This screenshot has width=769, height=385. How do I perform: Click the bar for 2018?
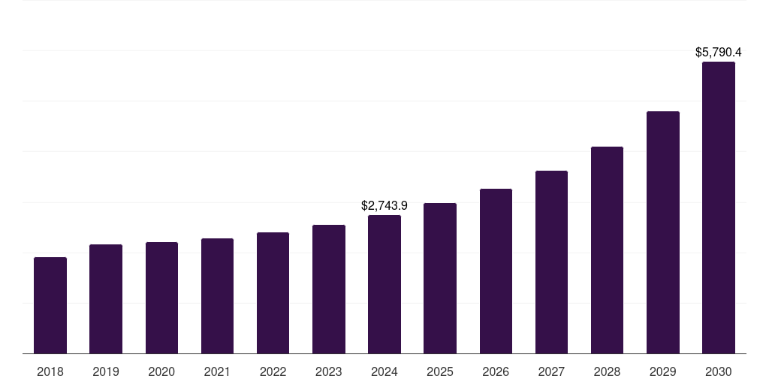tap(50, 305)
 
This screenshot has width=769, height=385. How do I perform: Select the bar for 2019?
tap(106, 299)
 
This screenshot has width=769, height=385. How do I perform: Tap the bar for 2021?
tap(217, 296)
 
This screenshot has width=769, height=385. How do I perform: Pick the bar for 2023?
tap(329, 290)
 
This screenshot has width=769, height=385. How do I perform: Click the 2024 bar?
tap(384, 284)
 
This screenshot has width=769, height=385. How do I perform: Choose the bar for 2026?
tap(496, 271)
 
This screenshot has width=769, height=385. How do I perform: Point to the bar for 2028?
tap(607, 250)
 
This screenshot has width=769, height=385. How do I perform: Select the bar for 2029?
tap(663, 232)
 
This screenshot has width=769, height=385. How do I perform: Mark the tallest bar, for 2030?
tap(719, 208)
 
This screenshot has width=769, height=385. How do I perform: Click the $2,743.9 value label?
tap(384, 205)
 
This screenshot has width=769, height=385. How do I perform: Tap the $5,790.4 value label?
tap(718, 53)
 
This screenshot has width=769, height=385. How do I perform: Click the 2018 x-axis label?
tap(50, 371)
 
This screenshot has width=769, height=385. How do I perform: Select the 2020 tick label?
tap(161, 371)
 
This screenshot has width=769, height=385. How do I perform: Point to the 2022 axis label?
tap(273, 371)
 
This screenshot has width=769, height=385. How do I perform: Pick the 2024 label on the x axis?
tap(384, 371)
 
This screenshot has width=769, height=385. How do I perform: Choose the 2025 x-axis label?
tap(440, 371)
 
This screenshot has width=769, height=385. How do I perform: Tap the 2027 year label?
tap(551, 371)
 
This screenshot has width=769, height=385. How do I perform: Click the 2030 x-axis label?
tap(719, 371)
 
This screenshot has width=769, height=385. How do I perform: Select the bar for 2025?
tap(440, 278)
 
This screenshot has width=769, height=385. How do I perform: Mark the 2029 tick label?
tap(663, 371)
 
